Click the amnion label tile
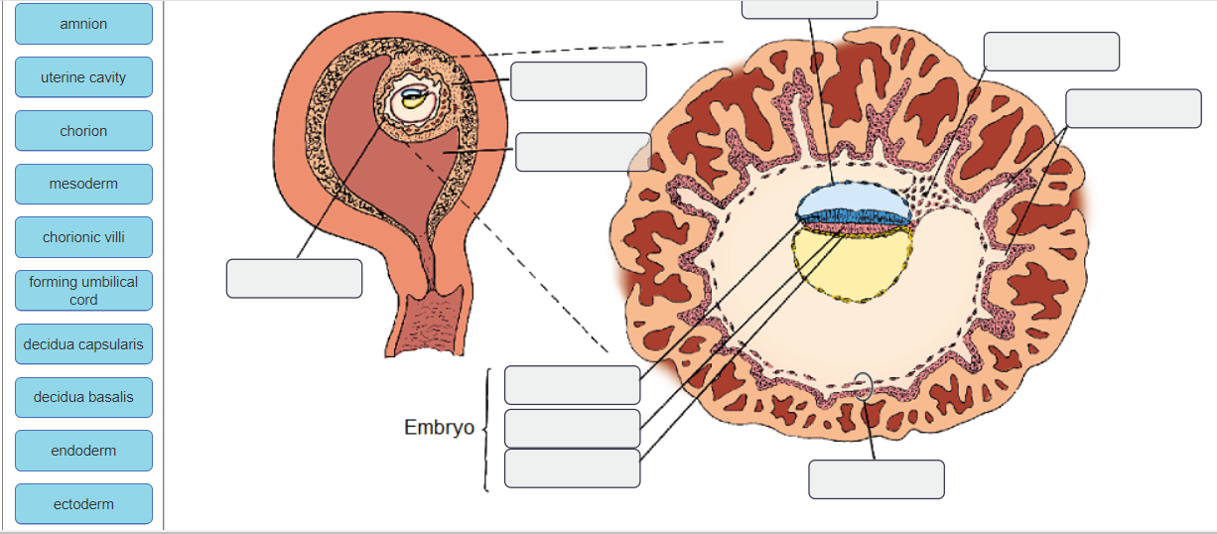click(83, 24)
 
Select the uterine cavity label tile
click(83, 77)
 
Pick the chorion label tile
click(83, 131)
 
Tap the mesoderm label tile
click(83, 184)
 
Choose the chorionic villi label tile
click(83, 237)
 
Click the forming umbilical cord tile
click(83, 290)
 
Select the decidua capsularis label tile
click(83, 344)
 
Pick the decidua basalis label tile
click(83, 397)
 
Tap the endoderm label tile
click(83, 451)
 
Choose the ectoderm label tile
click(83, 504)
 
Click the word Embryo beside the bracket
click(439, 428)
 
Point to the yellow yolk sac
click(849, 266)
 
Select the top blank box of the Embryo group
click(572, 385)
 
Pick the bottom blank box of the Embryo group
click(572, 468)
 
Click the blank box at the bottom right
click(876, 479)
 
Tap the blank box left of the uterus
click(294, 278)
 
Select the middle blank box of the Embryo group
click(572, 428)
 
